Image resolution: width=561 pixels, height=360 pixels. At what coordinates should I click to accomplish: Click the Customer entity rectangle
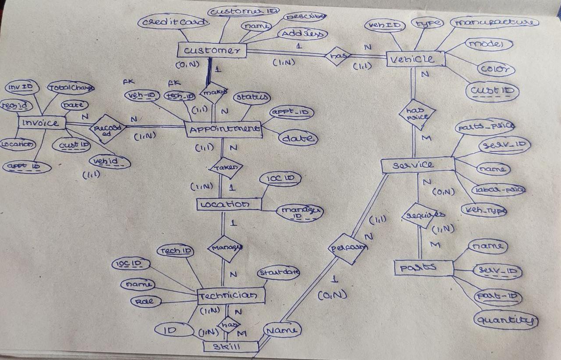tap(212, 50)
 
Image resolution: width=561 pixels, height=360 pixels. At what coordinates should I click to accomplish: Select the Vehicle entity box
tap(416, 59)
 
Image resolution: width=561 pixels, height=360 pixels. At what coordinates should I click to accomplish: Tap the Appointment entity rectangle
tap(224, 129)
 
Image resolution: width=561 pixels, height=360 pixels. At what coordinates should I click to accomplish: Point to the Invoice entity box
tap(42, 123)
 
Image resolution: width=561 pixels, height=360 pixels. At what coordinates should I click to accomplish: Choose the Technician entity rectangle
tap(231, 296)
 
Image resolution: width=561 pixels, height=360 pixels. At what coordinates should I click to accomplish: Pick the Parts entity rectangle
tap(423, 268)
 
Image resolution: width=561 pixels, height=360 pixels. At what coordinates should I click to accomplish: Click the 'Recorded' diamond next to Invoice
tap(107, 129)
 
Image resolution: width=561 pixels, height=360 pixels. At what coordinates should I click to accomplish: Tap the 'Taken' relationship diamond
tap(226, 168)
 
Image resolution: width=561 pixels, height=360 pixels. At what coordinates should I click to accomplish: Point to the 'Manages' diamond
tap(225, 248)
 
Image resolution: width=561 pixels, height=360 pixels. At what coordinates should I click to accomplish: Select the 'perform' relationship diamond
tap(348, 248)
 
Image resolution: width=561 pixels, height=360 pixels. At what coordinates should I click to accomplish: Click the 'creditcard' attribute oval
tap(173, 22)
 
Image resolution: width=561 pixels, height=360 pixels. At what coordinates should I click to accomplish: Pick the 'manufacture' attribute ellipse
tap(494, 22)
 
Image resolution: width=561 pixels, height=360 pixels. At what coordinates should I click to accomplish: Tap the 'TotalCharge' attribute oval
tap(71, 88)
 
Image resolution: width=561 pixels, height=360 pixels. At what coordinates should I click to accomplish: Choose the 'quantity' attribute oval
tap(505, 320)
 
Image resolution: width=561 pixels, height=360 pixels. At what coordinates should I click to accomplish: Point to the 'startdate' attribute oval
tap(278, 273)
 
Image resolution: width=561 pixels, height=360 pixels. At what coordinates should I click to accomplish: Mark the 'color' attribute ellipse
tap(495, 69)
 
